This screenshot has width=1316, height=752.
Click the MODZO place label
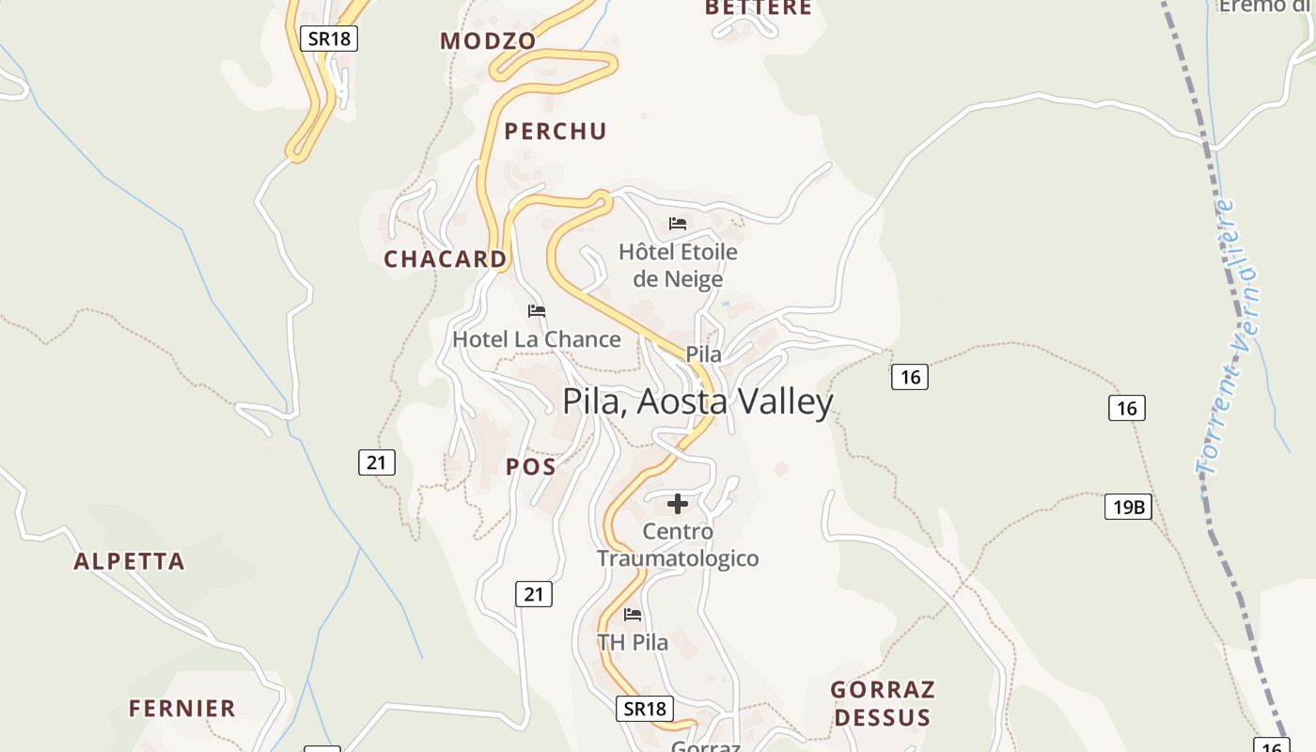[488, 41]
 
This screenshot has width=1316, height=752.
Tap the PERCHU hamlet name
[556, 132]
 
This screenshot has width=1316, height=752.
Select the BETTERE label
[758, 8]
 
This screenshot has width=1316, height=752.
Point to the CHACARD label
[445, 259]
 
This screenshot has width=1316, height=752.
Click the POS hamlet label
[531, 466]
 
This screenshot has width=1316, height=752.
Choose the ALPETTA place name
[130, 562]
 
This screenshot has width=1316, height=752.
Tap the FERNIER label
[182, 709]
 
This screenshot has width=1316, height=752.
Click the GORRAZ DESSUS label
[883, 704]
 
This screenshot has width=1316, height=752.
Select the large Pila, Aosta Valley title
[697, 401]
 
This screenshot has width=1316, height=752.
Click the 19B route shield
[1128, 508]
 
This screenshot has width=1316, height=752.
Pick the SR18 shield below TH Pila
[645, 709]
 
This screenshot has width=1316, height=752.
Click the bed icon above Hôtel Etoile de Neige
[678, 224]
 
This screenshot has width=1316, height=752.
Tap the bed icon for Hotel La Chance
[537, 311]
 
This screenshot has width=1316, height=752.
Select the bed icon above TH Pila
[633, 615]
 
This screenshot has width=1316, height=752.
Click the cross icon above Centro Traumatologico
[678, 504]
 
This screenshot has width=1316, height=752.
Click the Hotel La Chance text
[537, 339]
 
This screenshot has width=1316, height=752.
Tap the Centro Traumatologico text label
[678, 545]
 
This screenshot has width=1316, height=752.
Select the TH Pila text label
[633, 643]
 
